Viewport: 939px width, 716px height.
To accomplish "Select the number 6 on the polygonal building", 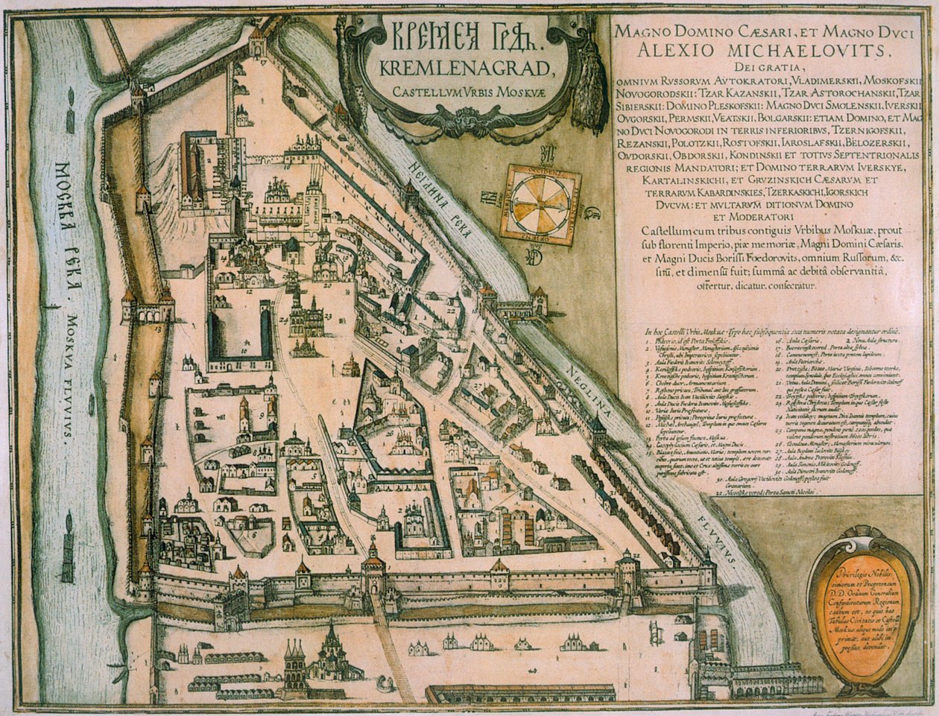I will point(253,533).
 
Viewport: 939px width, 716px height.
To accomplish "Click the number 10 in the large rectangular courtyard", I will point(243,349).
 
